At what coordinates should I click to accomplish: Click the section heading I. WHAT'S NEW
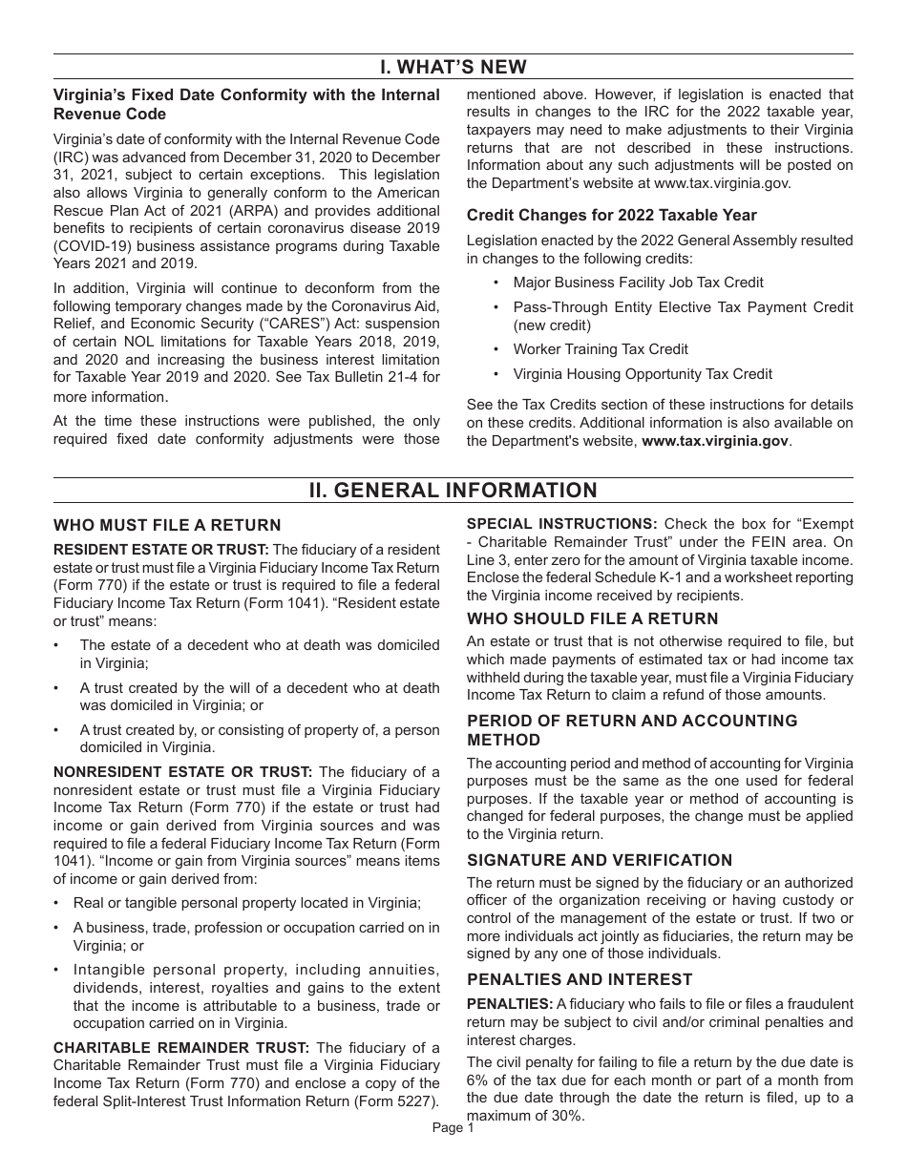[453, 67]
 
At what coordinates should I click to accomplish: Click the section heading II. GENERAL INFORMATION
[453, 491]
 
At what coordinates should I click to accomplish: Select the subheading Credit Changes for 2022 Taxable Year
[611, 215]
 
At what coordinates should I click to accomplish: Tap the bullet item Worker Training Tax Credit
[601, 349]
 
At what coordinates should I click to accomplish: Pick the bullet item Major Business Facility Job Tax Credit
[638, 283]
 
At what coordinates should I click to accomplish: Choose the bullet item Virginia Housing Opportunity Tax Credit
[643, 374]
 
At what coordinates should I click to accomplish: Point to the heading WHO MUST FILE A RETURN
[167, 525]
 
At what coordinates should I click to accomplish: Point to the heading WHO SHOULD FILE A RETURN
[592, 618]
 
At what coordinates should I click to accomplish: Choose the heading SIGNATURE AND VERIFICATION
[600, 860]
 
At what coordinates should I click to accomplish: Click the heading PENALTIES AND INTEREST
[580, 979]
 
